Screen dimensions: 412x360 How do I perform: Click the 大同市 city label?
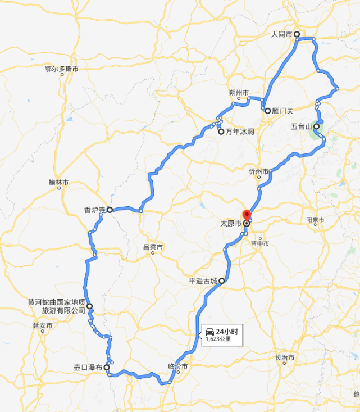281,34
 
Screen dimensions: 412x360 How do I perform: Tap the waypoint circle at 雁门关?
268,111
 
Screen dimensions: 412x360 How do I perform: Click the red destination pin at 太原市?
246,215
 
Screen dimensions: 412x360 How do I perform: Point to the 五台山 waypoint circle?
317,126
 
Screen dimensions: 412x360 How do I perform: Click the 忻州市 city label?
259,171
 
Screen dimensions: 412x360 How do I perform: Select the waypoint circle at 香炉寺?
110,210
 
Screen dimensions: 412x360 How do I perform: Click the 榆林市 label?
58,183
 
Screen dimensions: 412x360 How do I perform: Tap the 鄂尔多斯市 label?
62,69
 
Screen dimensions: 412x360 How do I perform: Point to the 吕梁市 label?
153,247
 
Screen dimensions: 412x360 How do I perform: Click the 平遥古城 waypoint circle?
222,280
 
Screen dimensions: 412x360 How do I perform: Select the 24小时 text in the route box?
227,332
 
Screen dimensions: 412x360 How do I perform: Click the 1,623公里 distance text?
218,339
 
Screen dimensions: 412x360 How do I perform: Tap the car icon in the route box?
209,332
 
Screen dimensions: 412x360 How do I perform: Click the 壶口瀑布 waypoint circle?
107,367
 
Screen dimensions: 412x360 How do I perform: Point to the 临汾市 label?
177,366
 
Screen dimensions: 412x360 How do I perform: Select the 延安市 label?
43,325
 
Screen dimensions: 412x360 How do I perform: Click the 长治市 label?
284,358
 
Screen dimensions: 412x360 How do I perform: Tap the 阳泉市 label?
316,220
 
